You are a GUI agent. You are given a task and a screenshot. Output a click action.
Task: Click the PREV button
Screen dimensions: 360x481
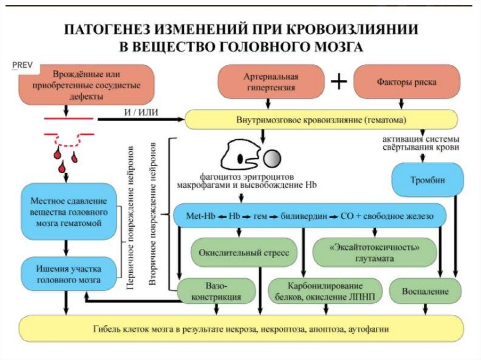pos(23,65)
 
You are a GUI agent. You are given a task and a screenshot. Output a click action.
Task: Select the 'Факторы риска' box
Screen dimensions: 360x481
pos(406,82)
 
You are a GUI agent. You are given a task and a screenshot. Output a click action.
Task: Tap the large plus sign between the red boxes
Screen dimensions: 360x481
pos(339,82)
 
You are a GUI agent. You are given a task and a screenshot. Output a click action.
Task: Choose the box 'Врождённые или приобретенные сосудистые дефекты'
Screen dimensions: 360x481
pos(86,85)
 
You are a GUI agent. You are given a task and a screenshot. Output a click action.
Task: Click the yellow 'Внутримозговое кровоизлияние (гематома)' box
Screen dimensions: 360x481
pos(321,120)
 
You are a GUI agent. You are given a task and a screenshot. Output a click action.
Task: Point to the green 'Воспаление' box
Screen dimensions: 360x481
pos(425,291)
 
